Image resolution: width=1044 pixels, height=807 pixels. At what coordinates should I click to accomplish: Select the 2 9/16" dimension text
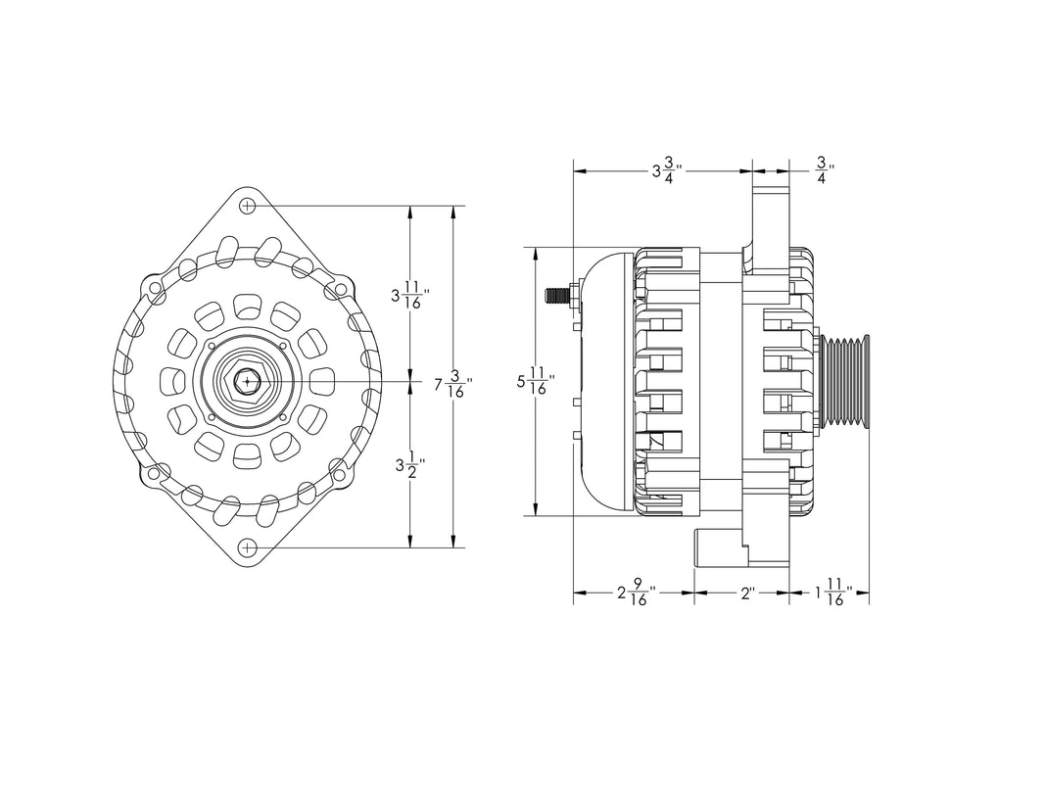click(636, 593)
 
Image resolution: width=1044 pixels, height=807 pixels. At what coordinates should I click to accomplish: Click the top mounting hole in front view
click(248, 207)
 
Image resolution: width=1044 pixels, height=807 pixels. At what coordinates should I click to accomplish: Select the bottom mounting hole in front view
click(248, 546)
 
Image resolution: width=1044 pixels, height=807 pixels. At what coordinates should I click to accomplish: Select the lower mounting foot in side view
click(720, 548)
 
